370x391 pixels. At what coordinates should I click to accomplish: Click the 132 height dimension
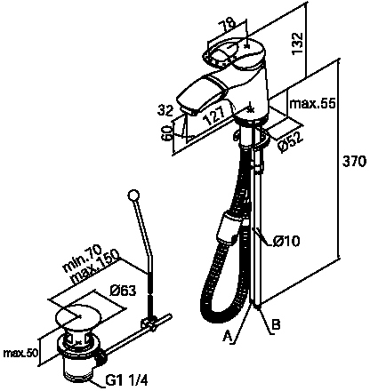(x=297, y=43)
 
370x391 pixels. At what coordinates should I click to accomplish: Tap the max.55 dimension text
(x=312, y=104)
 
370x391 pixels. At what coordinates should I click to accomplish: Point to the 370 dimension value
(x=354, y=162)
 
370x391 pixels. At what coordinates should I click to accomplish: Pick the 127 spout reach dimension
(x=215, y=116)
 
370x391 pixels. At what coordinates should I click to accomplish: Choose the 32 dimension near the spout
(x=165, y=111)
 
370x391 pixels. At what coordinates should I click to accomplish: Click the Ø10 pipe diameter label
(x=286, y=242)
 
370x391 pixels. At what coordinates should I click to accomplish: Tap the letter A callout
(x=228, y=337)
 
